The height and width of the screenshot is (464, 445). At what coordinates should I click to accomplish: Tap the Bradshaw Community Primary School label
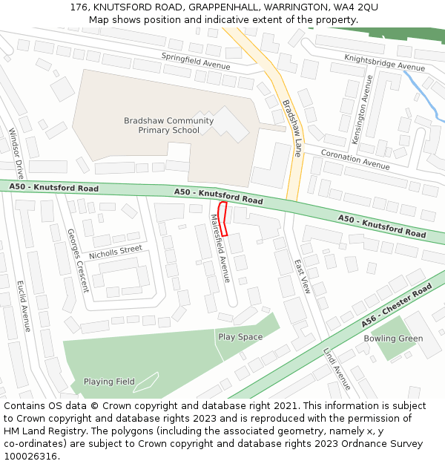point(168,125)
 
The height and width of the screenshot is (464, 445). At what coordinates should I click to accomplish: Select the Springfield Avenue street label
point(196,60)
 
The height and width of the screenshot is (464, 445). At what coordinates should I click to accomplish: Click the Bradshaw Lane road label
point(292,128)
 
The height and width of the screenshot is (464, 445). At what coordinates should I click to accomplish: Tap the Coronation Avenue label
point(355,159)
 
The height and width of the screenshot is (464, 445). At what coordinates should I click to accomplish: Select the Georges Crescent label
point(78,260)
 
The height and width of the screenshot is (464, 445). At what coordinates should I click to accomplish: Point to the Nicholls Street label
point(115,252)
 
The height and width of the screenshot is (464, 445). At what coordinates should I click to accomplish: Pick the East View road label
point(301,276)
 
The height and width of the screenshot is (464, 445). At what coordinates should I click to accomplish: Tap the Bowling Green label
point(393,339)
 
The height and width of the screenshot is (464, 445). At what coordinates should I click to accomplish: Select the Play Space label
point(240,337)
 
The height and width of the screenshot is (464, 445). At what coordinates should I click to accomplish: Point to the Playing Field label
point(109,382)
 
